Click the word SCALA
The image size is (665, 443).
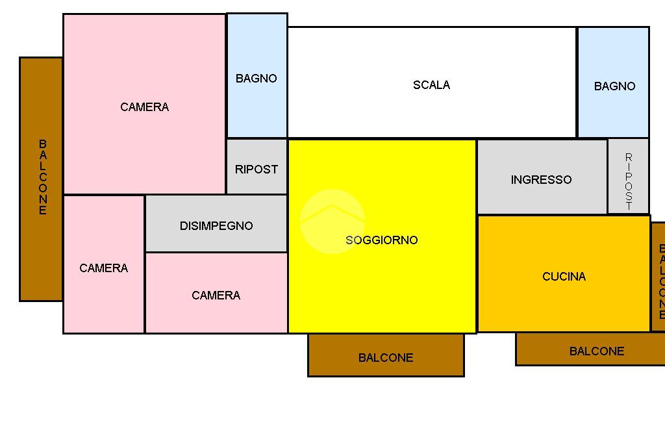coord(431,85)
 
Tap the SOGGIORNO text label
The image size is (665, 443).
coord(382,240)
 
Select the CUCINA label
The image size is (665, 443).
coord(564,277)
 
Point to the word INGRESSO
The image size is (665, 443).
coord(541,180)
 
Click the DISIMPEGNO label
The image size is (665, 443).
coord(216,226)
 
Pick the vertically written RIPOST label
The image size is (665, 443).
coord(629,181)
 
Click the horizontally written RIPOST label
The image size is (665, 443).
coord(257,170)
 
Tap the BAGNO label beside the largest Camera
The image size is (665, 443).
coord(257,79)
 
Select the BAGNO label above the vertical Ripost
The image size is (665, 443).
coord(614,86)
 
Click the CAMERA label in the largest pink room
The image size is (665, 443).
coord(144,107)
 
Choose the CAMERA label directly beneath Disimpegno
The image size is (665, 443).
coord(216,296)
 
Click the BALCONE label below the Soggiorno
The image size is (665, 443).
coord(386,358)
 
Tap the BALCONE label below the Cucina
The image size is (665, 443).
coord(597,351)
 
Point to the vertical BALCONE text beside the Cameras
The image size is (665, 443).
coord(43,177)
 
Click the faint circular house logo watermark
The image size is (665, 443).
coord(332,221)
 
